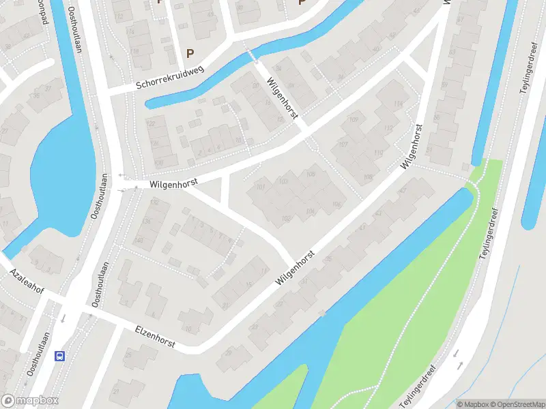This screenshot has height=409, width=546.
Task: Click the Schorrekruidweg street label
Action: click(x=171, y=82)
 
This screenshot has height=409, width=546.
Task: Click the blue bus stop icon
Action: click(x=60, y=356)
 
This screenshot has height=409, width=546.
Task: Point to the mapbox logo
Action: click(x=30, y=401)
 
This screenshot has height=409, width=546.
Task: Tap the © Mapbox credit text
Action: click(x=472, y=404)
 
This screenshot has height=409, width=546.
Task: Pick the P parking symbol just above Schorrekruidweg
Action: click(x=190, y=53)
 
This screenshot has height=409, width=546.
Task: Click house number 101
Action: click(x=259, y=187)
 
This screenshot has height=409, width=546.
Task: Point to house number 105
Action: click(x=311, y=175)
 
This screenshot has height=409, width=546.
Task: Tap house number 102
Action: click(x=286, y=218)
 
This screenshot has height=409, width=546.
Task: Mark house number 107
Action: click(x=343, y=145)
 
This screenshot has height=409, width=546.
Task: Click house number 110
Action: click(x=377, y=153)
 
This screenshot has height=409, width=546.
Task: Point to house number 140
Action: click(x=139, y=240)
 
